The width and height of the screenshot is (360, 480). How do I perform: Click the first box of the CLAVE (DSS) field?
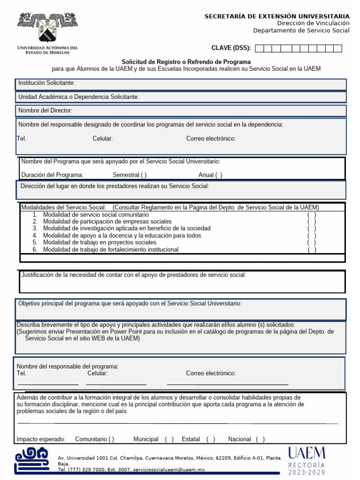pos(260,48)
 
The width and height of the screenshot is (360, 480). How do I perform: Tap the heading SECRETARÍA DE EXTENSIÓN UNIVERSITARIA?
pos(277,16)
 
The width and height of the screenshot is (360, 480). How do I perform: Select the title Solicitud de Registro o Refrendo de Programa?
pos(186,62)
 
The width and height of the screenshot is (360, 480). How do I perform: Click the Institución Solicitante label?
pos(46,83)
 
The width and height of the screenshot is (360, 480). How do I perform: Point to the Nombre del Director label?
pos(45,111)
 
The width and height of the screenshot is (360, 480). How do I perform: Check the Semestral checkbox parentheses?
pos(143,175)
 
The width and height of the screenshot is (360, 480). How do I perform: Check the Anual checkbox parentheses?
pos(219,175)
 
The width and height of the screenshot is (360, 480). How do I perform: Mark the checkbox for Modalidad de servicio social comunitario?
pos(312,215)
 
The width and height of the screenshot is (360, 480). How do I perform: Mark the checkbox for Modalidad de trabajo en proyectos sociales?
pos(312,243)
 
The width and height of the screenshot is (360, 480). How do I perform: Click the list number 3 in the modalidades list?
pos(35,228)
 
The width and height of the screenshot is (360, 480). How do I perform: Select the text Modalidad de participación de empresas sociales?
pos(107,221)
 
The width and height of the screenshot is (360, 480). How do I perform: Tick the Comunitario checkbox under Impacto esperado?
pos(111,439)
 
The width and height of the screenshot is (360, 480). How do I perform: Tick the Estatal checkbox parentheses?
pos(210,439)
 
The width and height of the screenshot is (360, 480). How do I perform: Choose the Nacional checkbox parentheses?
pos(260,439)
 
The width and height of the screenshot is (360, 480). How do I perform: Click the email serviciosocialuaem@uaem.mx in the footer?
pos(169,469)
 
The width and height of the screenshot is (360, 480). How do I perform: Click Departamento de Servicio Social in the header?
pos(301,30)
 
